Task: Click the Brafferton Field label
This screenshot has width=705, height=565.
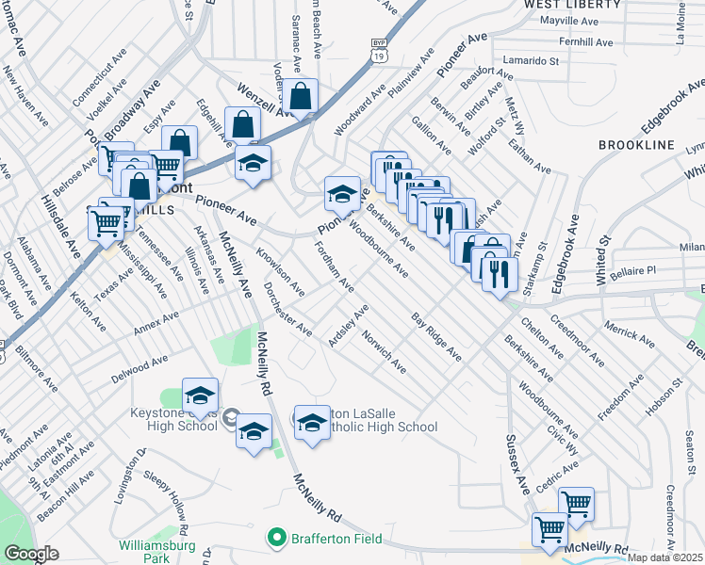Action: click(335, 539)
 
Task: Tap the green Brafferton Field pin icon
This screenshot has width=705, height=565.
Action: click(276, 539)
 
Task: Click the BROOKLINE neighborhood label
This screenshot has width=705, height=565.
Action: click(636, 145)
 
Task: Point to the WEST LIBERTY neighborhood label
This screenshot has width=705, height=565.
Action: click(572, 5)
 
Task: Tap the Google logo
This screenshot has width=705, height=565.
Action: click(31, 554)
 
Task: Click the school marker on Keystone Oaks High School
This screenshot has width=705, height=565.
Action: click(201, 395)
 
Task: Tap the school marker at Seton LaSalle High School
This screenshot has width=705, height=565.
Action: click(312, 422)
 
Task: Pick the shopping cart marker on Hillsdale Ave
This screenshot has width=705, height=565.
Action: click(107, 223)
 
